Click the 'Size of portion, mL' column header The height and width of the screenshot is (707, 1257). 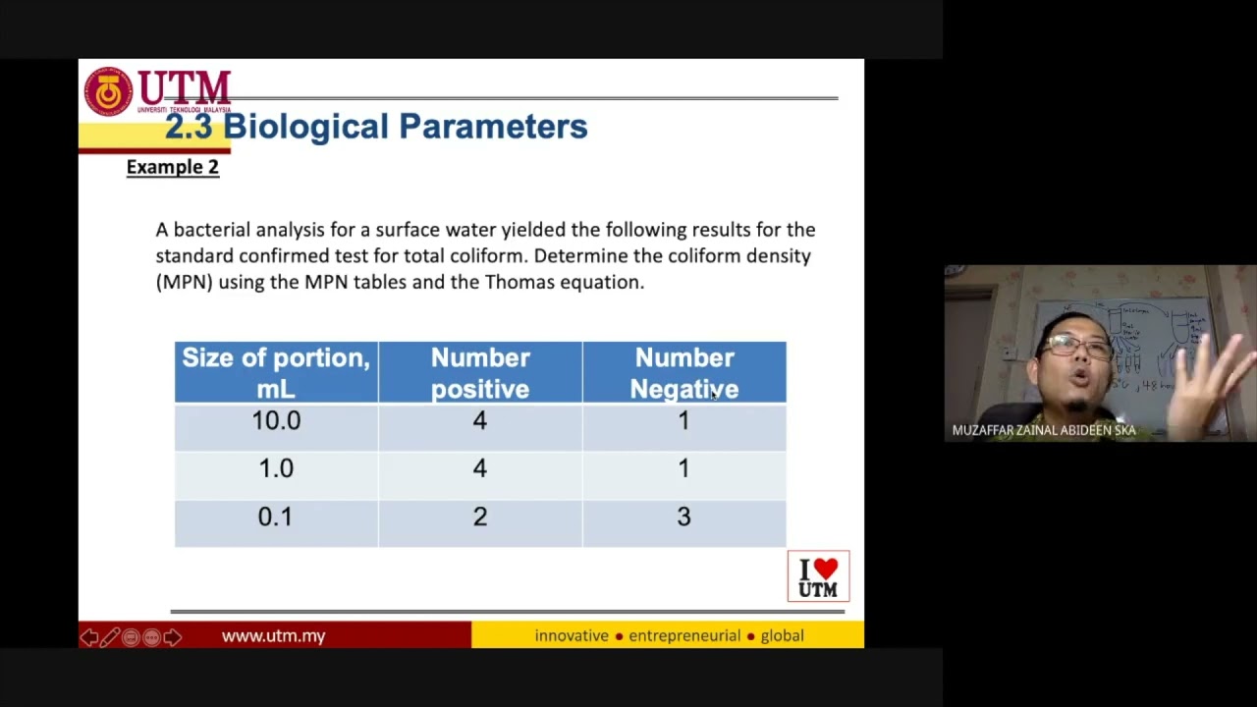pos(276,373)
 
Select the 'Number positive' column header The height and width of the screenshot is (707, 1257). pos(480,373)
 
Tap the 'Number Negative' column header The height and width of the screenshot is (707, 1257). pos(683,373)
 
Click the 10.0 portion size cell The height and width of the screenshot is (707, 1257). pos(276,421)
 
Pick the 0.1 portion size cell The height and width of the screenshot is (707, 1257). pos(276,517)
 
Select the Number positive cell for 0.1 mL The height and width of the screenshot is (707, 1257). pos(480,517)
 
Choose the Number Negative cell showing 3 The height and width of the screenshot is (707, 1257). pos(683,517)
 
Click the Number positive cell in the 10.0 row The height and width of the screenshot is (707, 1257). pos(480,421)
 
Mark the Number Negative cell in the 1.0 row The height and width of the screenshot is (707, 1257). pos(683,469)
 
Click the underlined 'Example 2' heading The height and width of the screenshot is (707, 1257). pos(173,167)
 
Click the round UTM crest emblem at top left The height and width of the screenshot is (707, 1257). pos(108,92)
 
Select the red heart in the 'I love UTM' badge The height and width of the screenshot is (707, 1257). pos(827,570)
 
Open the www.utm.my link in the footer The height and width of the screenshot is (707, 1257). pos(273,636)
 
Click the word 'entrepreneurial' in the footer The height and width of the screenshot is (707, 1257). pos(684,636)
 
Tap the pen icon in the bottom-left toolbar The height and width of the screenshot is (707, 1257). pos(110,637)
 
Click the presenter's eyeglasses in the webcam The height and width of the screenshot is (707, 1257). pos(1076,346)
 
